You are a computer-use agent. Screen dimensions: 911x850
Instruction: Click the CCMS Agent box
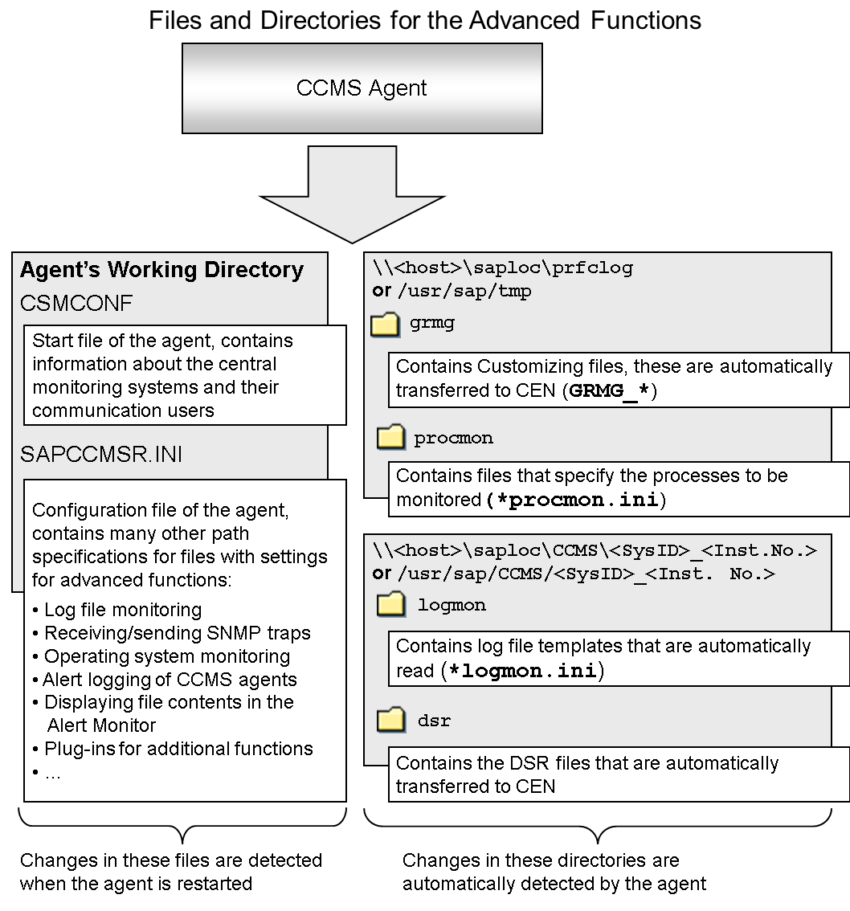[x=362, y=88]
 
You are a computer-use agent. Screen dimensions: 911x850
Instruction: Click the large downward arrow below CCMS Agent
[x=352, y=197]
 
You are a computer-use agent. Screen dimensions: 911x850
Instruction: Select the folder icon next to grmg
[x=386, y=324]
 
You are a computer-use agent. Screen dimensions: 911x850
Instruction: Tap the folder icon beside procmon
[x=391, y=438]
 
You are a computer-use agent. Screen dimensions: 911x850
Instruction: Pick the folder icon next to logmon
[x=391, y=605]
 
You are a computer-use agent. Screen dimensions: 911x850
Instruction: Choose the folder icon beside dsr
[x=391, y=721]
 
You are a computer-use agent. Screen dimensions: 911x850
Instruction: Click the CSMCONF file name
[x=76, y=304]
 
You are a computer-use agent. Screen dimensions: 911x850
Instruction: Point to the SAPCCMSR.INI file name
[x=101, y=455]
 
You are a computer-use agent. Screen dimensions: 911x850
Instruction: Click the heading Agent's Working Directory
[x=162, y=270]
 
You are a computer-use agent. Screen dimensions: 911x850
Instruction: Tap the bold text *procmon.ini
[x=572, y=500]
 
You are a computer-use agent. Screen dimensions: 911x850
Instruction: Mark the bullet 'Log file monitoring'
[x=123, y=610]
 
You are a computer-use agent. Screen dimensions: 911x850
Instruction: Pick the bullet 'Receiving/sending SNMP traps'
[x=177, y=633]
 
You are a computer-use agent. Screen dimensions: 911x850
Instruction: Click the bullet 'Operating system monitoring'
[x=167, y=656]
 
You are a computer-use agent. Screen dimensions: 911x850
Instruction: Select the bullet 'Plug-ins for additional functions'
[x=178, y=749]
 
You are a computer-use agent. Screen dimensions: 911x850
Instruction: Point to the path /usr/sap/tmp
[x=464, y=291]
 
